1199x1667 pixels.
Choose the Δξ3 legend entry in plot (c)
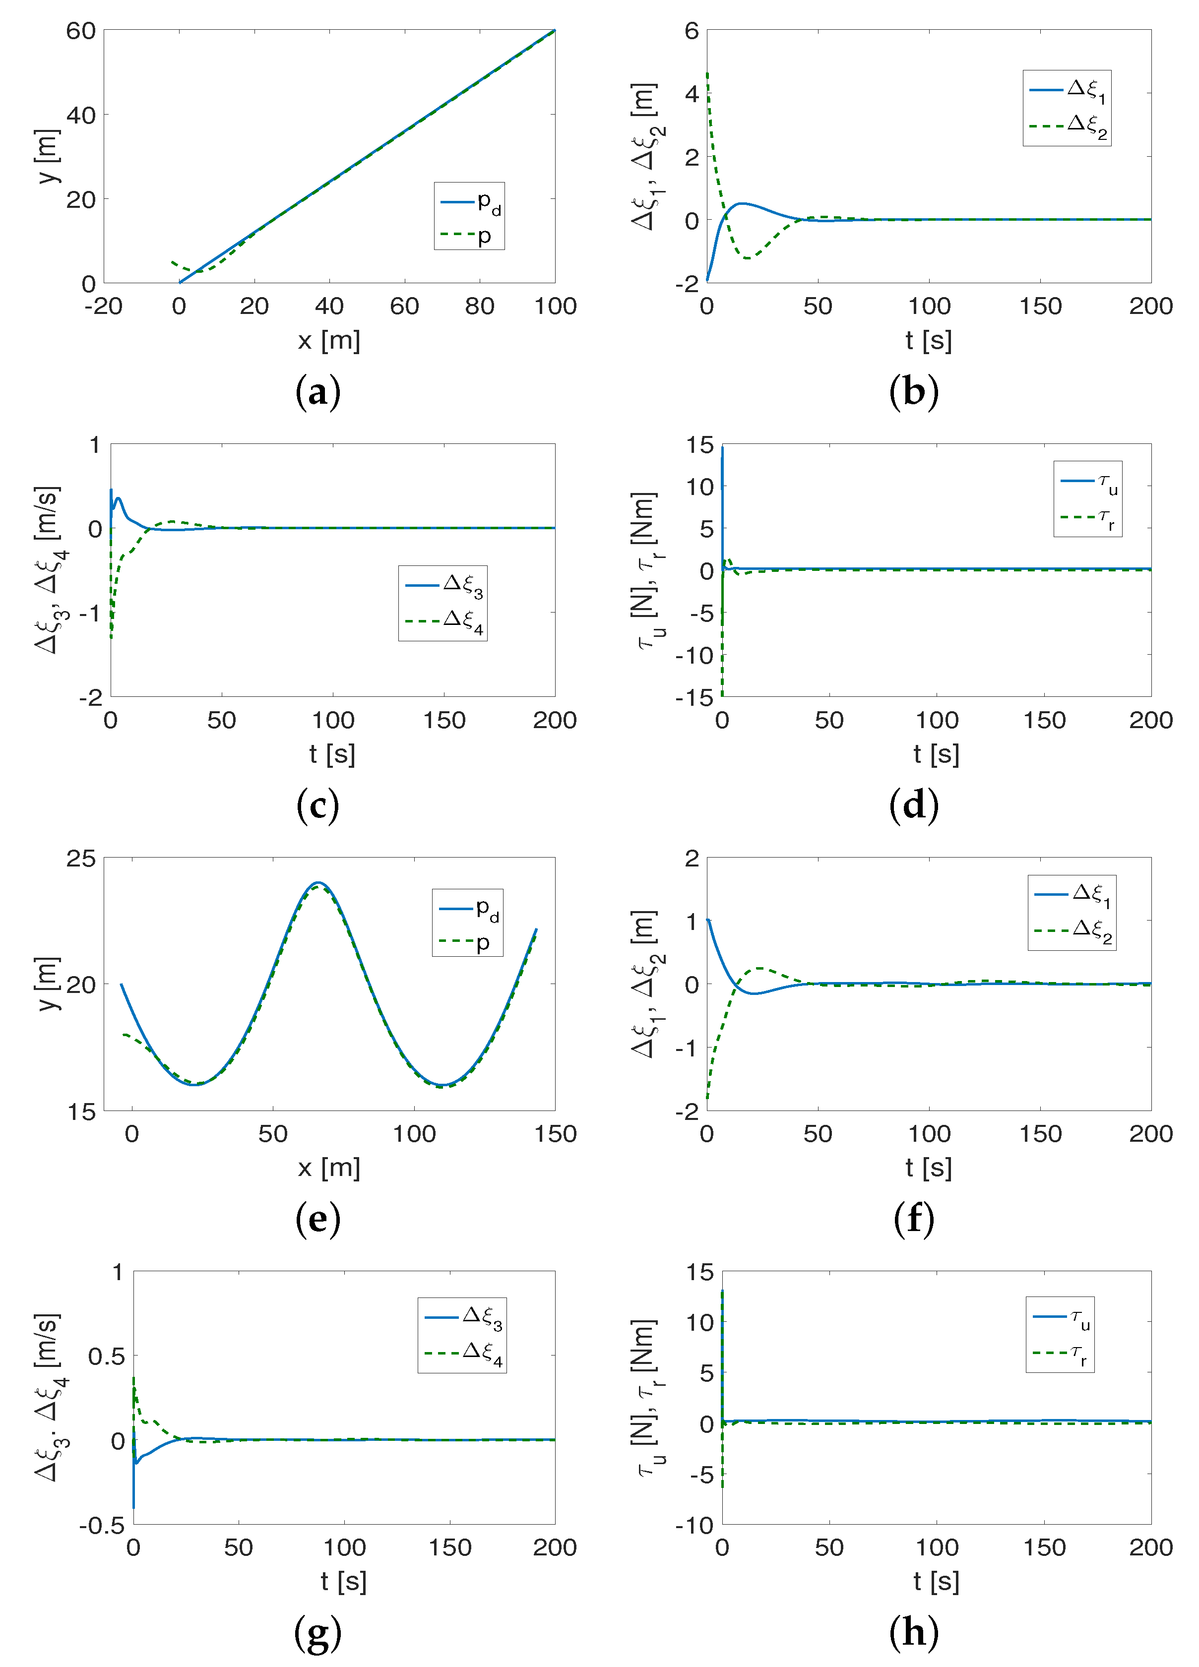[x=443, y=585]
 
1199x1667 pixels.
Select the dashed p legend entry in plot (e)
[x=466, y=941]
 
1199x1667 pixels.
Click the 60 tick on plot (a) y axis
[x=81, y=31]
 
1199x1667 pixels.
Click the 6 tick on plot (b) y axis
[x=691, y=31]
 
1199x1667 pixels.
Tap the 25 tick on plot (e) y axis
[x=81, y=859]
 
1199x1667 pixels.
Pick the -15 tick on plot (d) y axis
[x=694, y=697]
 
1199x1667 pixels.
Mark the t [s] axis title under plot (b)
[x=929, y=340]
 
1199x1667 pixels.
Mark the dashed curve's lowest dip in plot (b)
[x=748, y=258]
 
